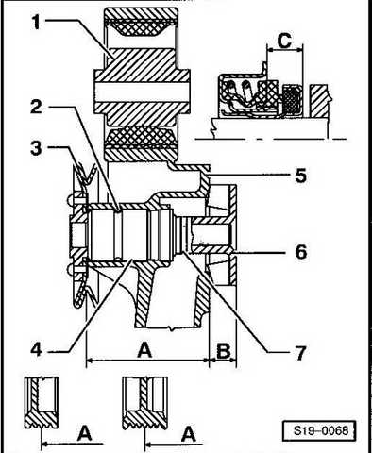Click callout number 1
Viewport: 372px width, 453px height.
point(37,22)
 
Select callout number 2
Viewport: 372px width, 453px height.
point(37,107)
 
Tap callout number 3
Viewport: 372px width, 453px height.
point(36,147)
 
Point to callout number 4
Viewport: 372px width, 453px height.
point(37,349)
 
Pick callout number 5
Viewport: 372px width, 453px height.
point(300,176)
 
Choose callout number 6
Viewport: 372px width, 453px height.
point(300,251)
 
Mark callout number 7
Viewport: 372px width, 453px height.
point(300,352)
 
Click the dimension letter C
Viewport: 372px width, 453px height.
point(285,41)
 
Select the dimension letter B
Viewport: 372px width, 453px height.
point(223,351)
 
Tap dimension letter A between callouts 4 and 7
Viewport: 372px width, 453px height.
point(144,350)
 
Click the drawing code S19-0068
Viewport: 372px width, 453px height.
point(321,430)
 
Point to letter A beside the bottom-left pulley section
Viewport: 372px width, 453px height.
point(84,433)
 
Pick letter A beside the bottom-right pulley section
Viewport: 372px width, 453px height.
point(189,434)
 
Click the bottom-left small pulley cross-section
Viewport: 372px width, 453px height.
point(42,403)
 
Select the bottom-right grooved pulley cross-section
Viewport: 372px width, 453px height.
point(144,403)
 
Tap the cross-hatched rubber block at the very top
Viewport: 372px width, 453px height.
point(141,27)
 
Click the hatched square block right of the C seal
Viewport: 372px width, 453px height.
point(319,101)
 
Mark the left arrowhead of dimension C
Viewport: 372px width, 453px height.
point(269,49)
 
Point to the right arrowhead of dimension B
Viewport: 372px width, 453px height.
point(233,360)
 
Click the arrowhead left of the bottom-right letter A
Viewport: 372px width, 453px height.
point(148,445)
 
